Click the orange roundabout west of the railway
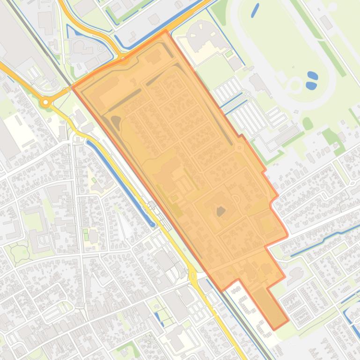pos(45,102)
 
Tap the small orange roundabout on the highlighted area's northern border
pos(124,59)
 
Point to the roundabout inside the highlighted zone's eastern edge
pos(239,148)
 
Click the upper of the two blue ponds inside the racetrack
pos(312,75)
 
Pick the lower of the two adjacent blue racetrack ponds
pos(310,85)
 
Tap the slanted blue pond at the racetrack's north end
pos(255,10)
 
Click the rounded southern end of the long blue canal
pos(152,223)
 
